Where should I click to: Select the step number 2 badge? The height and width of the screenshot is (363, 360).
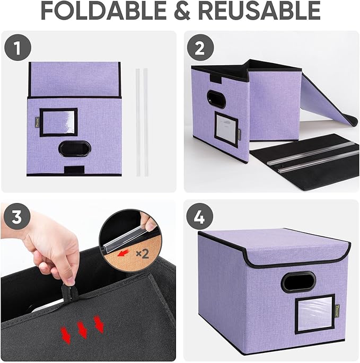[x=199, y=49]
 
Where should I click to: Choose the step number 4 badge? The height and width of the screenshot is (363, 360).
[x=199, y=217]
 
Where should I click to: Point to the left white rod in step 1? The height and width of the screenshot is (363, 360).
[x=138, y=122]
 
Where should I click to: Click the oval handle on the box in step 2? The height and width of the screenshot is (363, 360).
[x=216, y=99]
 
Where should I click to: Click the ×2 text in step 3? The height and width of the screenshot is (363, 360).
[x=142, y=253]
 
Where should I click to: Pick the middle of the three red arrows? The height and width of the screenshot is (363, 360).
[x=82, y=330]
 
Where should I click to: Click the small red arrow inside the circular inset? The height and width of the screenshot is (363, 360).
[x=124, y=254]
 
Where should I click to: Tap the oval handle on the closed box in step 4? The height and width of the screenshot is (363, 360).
[x=298, y=281]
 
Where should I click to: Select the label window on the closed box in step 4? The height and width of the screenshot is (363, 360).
[x=314, y=314]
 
